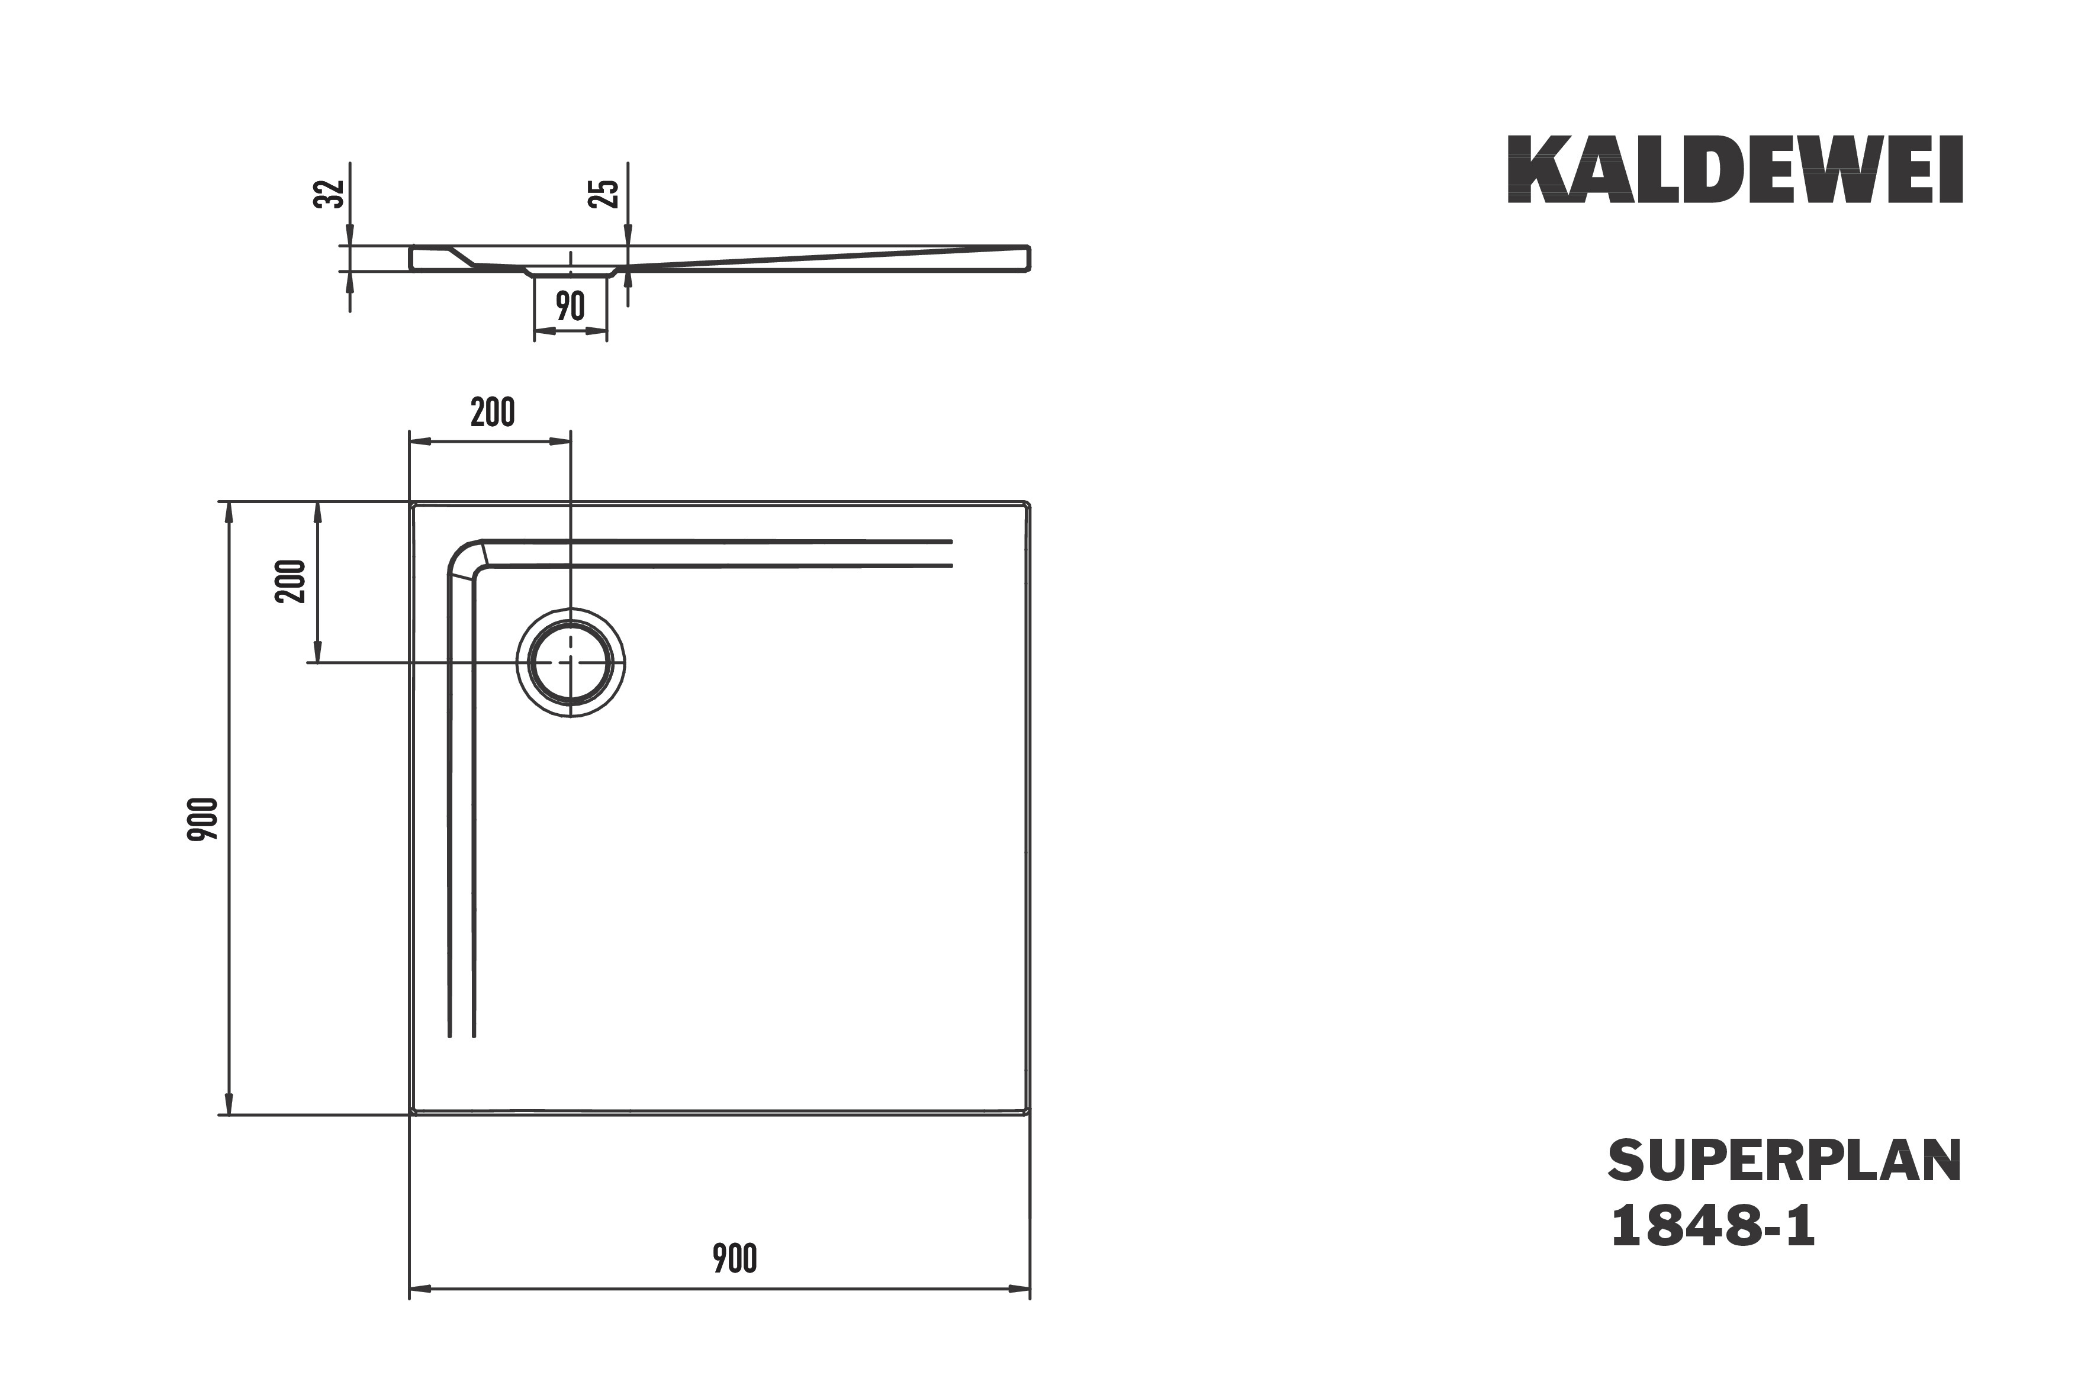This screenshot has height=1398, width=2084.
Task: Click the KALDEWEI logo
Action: [x=1735, y=169]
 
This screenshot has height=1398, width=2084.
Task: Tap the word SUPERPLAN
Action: [x=1784, y=1161]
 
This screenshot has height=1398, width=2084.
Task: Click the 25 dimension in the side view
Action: [x=604, y=194]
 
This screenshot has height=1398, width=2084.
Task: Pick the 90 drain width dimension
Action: [x=570, y=306]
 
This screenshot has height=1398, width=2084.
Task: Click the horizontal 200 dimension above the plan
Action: [x=492, y=412]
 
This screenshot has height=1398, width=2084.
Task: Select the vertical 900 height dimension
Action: [x=202, y=819]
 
